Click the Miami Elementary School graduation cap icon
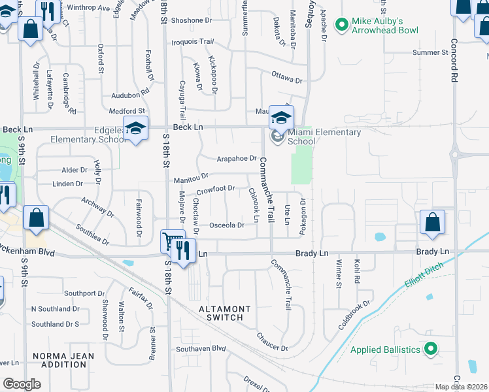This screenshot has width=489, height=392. pyautogui.click(x=282, y=118)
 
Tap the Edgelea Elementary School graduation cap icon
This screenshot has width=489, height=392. pyautogui.click(x=135, y=129)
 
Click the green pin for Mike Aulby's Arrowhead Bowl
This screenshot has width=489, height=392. pyautogui.click(x=341, y=25)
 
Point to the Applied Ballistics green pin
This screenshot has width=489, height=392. pyautogui.click(x=430, y=350)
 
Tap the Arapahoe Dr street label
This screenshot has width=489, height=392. pyautogui.click(x=237, y=158)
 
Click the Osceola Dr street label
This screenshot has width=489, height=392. pyautogui.click(x=226, y=225)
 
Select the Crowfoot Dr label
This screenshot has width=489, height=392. pyautogui.click(x=215, y=189)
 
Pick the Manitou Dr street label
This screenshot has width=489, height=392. pyautogui.click(x=191, y=177)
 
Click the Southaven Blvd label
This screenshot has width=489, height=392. pyautogui.click(x=192, y=349)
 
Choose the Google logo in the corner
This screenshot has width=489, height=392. pyautogui.click(x=22, y=384)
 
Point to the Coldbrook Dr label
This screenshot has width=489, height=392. pyautogui.click(x=354, y=315)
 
